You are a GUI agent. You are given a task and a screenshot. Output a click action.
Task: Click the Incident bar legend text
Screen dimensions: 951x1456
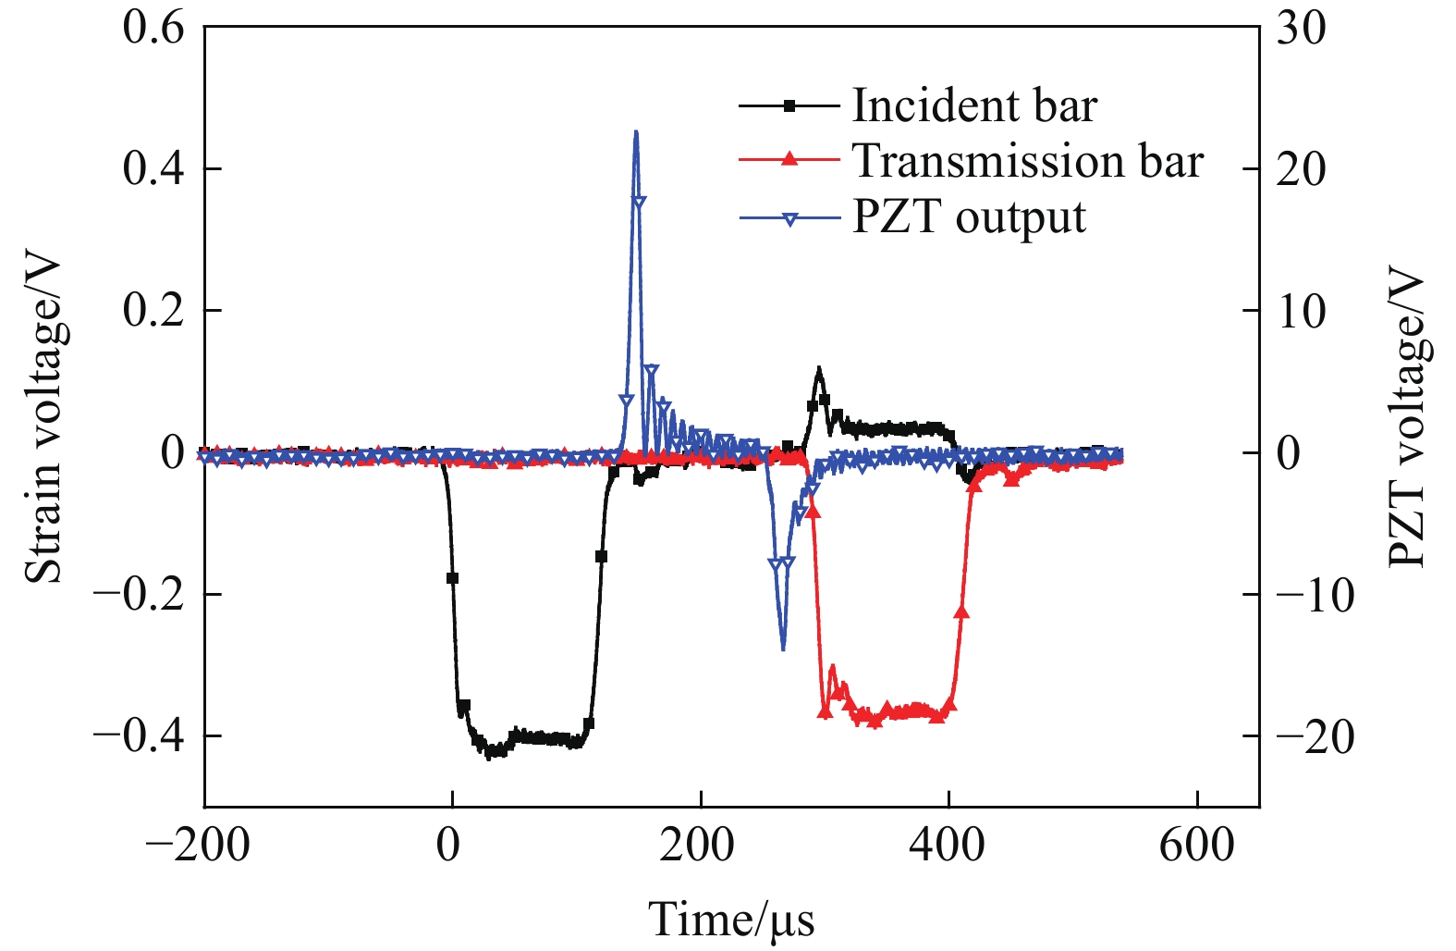(973, 105)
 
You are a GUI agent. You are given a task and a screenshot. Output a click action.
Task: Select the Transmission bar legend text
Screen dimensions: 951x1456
(1027, 161)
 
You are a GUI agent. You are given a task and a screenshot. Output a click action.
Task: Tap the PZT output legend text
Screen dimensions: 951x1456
(968, 217)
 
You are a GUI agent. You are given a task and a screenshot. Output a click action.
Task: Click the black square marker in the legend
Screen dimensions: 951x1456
(789, 106)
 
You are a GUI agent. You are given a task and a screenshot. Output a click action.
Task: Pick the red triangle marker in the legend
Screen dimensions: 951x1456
(789, 159)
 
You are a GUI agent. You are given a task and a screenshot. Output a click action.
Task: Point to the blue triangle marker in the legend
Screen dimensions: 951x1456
(789, 219)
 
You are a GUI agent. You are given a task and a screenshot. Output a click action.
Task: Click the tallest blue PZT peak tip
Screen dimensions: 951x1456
(636, 132)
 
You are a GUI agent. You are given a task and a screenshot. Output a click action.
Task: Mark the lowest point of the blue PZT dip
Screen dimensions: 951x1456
(783, 648)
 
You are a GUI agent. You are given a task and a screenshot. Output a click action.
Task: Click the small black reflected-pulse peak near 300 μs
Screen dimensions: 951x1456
(818, 369)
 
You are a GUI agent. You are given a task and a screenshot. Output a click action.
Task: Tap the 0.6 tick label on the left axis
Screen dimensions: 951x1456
(153, 28)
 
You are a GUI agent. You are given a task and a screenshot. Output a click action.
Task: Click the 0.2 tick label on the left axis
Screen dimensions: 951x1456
(153, 311)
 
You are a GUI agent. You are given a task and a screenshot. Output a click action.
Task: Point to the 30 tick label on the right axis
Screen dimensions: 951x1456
(1301, 28)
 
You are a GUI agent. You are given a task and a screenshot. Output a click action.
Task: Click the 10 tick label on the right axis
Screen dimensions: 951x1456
(1301, 311)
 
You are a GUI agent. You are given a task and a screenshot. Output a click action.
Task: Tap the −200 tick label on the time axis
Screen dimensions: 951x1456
(198, 845)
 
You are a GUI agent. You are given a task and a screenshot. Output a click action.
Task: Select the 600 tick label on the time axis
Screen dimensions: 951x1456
(1197, 845)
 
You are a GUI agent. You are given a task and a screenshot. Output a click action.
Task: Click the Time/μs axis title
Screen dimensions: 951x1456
(731, 919)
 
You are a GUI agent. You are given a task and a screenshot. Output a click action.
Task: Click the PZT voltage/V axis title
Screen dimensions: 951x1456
(1407, 416)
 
